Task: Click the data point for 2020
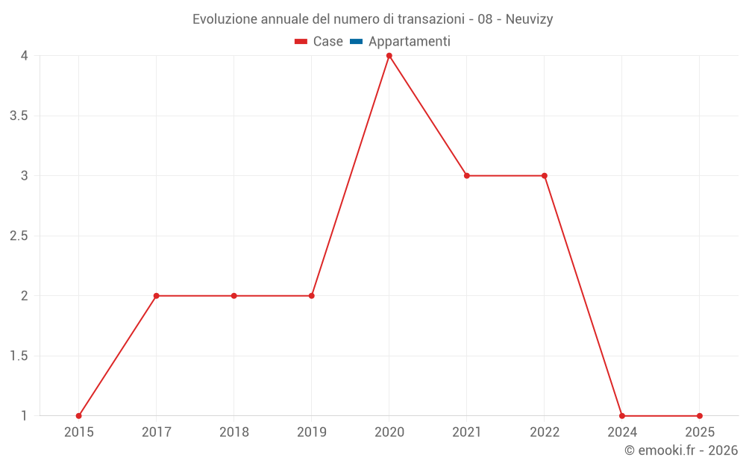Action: point(389,56)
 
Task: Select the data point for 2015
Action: point(79,416)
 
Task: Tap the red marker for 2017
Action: point(157,296)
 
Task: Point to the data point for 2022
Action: point(545,176)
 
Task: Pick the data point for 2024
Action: point(622,416)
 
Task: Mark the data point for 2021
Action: point(467,176)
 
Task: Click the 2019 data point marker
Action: point(312,296)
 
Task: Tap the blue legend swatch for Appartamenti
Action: point(356,42)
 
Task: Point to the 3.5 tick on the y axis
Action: point(19,116)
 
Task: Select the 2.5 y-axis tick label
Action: point(19,236)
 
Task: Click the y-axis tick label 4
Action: point(25,56)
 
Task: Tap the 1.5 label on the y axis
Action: point(19,356)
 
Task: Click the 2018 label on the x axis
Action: point(234,432)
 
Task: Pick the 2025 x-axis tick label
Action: point(700,432)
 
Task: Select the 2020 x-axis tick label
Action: point(389,432)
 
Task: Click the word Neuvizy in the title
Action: point(529,19)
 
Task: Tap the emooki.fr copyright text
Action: point(681,450)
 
